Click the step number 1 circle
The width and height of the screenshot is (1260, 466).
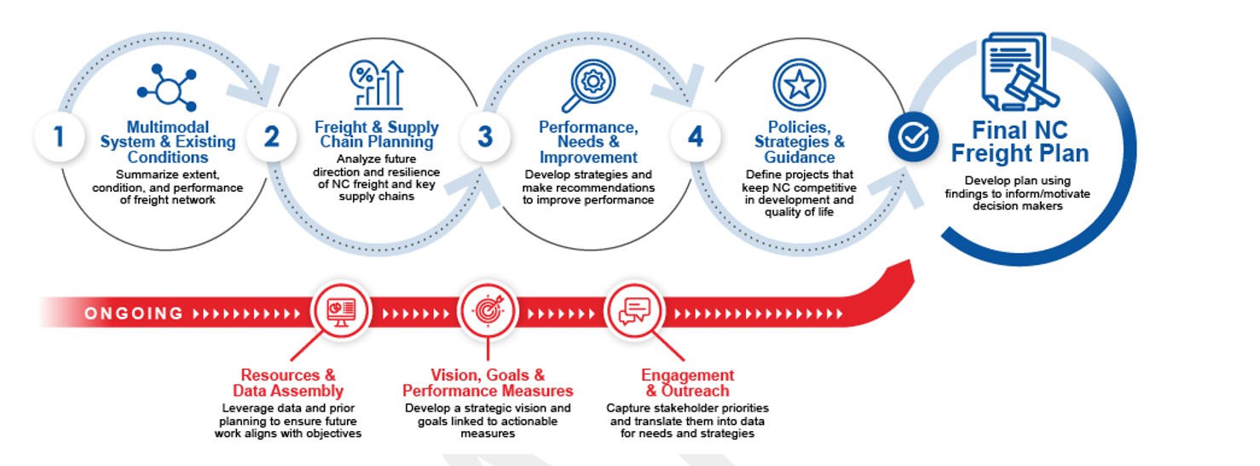coord(59,136)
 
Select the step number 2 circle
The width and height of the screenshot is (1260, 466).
coord(271,136)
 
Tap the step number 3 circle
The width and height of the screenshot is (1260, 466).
coord(484,136)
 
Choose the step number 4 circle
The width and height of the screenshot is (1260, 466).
coord(696,136)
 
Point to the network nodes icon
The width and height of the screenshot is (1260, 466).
coord(167,88)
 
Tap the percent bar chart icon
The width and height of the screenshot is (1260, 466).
coord(377,84)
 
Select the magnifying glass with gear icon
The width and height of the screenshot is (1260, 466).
coord(587,85)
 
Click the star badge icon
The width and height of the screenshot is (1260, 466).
coord(799,84)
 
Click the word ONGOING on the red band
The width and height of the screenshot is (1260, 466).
coord(134,314)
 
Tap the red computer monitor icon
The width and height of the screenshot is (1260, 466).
coord(341,312)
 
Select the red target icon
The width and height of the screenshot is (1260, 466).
coord(487,312)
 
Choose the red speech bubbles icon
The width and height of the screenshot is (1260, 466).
coord(633,312)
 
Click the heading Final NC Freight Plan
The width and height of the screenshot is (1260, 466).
coord(1020,142)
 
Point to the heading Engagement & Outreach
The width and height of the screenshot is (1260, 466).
coord(687,383)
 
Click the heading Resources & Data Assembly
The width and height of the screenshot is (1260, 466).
coord(288,383)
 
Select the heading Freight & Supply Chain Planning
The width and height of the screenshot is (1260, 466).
coord(377,135)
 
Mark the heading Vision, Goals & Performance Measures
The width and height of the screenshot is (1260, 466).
coord(488,383)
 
